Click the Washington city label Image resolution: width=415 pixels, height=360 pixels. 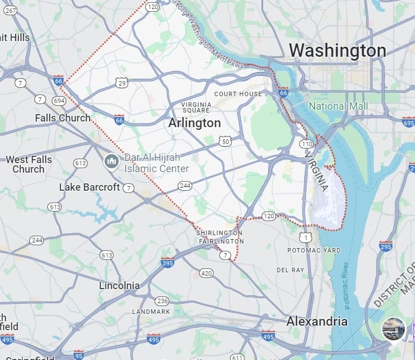(x=337, y=51)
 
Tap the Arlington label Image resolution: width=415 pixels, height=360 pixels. (x=195, y=123)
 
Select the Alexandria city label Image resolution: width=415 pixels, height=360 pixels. (x=317, y=321)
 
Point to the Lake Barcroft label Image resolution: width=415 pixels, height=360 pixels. (x=89, y=187)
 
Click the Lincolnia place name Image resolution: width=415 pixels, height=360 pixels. (x=119, y=285)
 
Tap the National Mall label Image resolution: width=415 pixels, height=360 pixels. (x=339, y=106)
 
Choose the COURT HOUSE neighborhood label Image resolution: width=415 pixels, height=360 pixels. (x=238, y=93)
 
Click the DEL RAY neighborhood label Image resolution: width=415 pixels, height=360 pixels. (x=290, y=270)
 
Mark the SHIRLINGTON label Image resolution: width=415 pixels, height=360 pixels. (x=219, y=233)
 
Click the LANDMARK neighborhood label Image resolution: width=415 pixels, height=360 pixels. (x=151, y=311)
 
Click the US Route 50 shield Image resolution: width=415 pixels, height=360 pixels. (x=225, y=141)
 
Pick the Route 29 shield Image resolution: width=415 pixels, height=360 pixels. (x=122, y=83)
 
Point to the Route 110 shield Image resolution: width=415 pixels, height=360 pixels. (x=306, y=144)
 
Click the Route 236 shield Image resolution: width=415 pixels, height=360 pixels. (x=162, y=301)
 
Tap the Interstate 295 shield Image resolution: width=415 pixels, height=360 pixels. (x=386, y=246)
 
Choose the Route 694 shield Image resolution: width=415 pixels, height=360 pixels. (x=59, y=100)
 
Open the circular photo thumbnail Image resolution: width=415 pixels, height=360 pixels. (x=394, y=329)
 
